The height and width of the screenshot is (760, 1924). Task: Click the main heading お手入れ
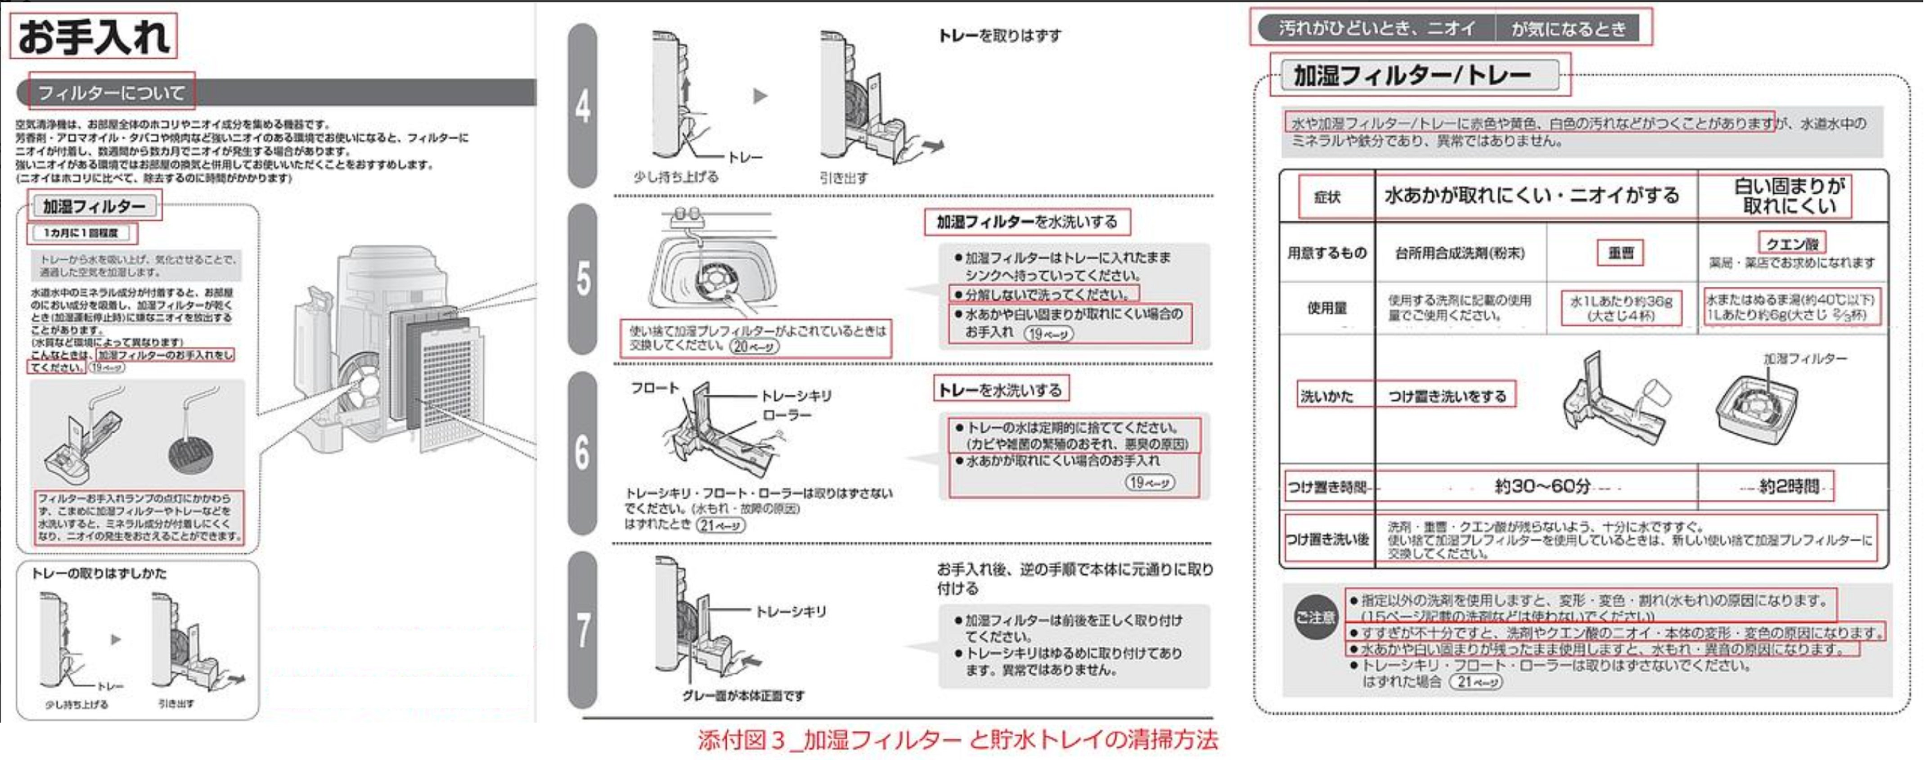coord(93,36)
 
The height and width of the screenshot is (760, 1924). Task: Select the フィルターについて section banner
coord(111,93)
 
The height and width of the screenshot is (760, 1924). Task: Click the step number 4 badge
coord(583,106)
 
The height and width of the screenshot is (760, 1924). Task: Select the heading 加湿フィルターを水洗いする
coord(1026,222)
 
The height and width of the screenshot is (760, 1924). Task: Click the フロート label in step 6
coord(654,388)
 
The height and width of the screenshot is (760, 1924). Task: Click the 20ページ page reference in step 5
coord(755,346)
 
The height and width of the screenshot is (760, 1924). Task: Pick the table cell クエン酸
coord(1791,243)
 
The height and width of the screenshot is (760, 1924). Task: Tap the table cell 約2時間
coord(1789,487)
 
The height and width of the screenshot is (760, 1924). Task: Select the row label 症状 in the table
coord(1326,197)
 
